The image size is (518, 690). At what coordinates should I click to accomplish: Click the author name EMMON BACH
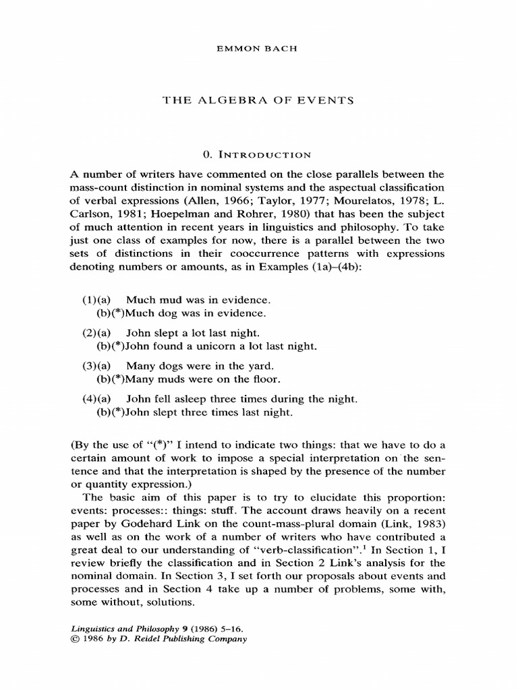259,49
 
